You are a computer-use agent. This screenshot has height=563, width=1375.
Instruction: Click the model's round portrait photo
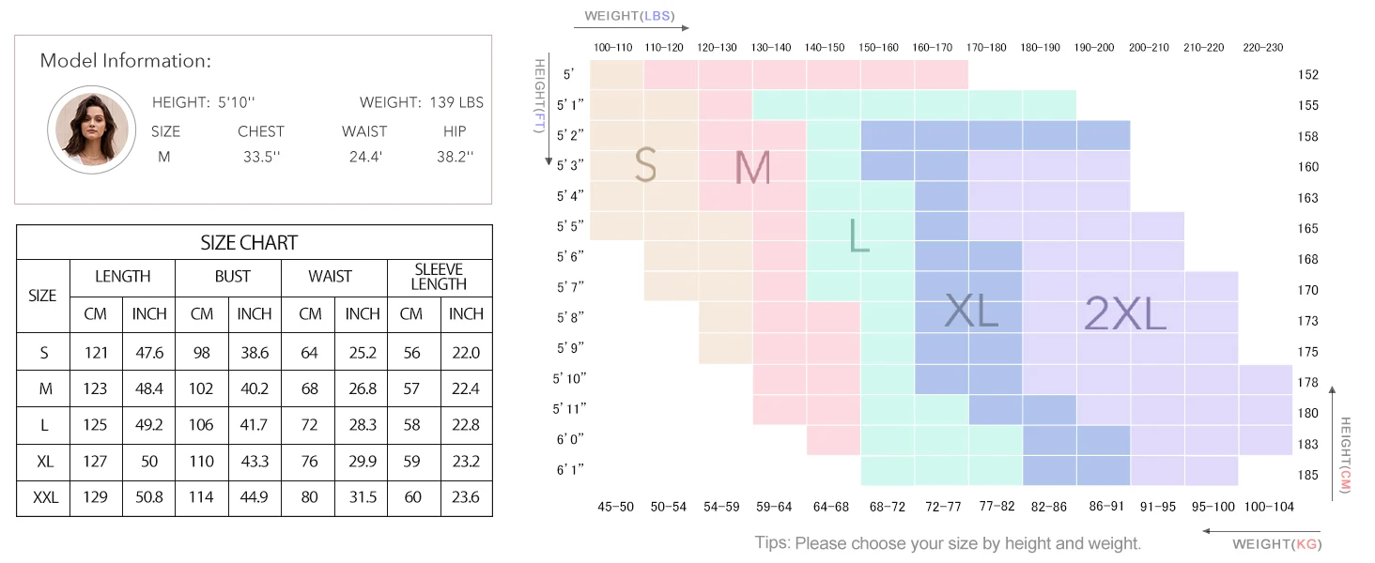pos(87,129)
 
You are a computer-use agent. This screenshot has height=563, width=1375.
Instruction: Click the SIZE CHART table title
pos(249,243)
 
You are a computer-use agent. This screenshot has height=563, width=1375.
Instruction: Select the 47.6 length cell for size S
pos(149,353)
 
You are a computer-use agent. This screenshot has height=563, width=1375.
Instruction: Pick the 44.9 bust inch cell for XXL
pos(255,497)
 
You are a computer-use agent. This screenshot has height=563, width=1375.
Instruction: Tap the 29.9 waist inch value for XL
pos(363,461)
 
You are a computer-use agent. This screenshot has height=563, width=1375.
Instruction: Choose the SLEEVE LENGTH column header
pos(439,277)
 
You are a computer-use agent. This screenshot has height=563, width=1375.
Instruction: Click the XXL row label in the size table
pos(43,497)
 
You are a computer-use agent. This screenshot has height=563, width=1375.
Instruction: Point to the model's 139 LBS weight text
pos(456,102)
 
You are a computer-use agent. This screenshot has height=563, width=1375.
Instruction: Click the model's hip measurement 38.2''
pos(455,157)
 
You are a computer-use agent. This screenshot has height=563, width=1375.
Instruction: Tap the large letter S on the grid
pos(644,166)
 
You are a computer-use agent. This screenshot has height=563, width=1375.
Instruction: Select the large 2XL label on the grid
pos(1125,313)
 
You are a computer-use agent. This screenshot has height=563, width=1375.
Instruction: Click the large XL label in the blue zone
pos(971,311)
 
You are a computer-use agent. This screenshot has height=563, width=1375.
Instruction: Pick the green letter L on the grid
pos(858,236)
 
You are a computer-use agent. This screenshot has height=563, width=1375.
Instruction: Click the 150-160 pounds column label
pos(879,47)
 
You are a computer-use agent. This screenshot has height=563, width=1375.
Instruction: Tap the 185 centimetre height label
pos(1308,475)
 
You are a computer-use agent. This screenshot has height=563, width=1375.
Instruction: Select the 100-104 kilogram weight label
pos(1269,507)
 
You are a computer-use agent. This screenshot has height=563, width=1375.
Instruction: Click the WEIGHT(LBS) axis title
pos(629,16)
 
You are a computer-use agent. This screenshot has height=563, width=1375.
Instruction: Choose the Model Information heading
pos(126,61)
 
